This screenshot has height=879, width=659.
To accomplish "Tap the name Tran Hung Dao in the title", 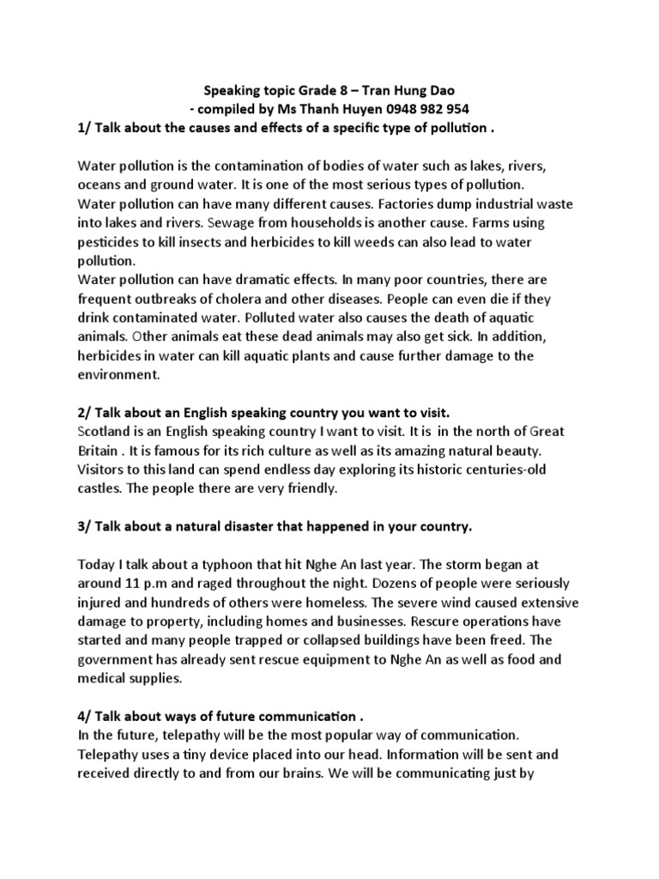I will point(421,89).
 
